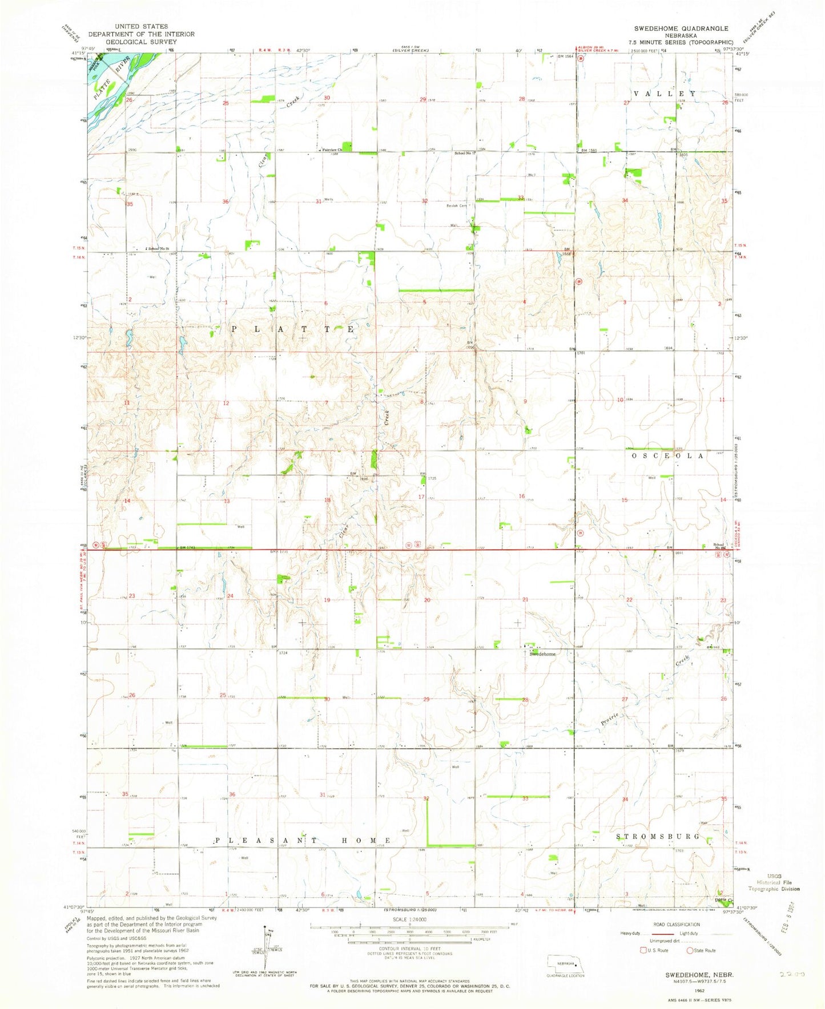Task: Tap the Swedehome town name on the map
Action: coord(542,654)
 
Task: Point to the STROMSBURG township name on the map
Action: coord(658,836)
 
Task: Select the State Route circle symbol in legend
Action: coord(690,950)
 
